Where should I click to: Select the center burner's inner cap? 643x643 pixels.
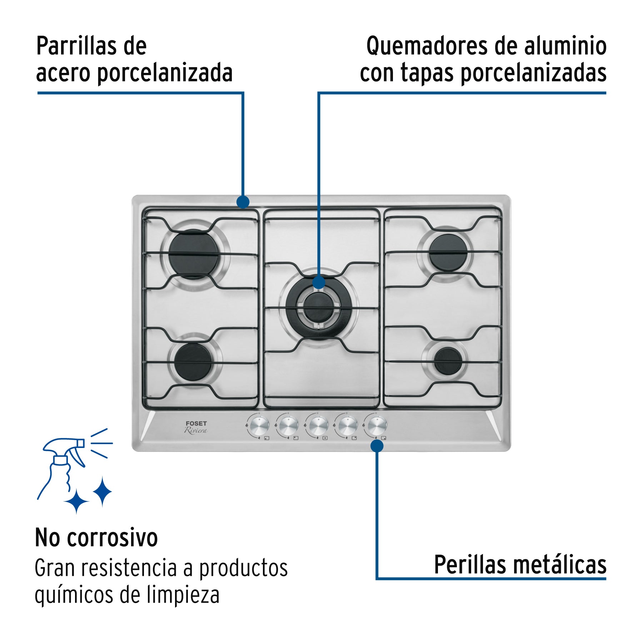[318, 306]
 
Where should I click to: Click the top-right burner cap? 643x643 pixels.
[448, 252]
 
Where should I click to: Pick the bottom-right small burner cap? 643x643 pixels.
[448, 361]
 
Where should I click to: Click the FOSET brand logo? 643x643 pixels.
[196, 423]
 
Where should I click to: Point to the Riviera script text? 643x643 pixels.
[196, 430]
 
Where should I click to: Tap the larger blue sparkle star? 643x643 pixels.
[103, 492]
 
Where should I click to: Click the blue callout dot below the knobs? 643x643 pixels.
[377, 446]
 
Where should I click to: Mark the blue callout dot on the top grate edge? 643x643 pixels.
[243, 202]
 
